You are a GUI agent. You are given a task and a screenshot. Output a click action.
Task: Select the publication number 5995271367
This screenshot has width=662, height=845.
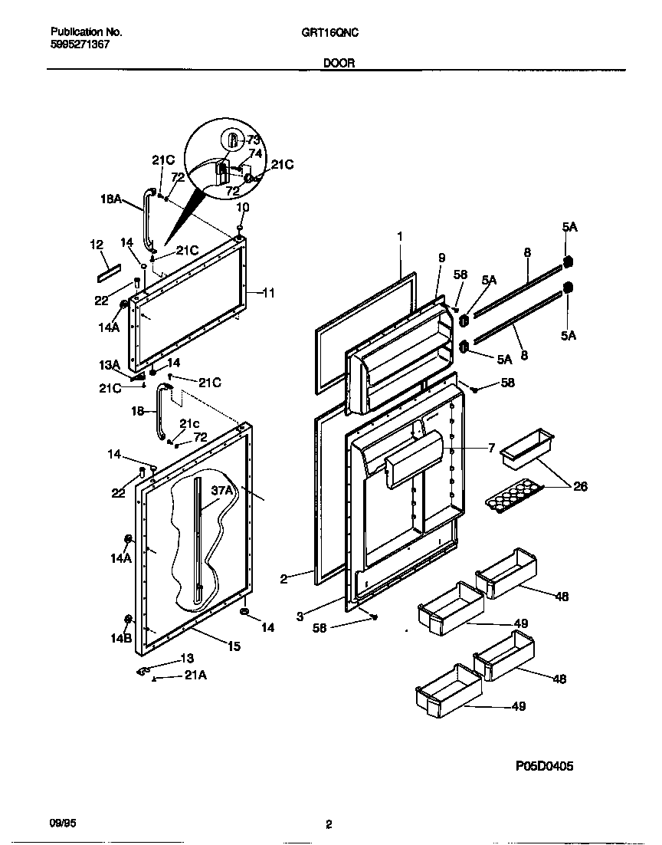click(x=80, y=44)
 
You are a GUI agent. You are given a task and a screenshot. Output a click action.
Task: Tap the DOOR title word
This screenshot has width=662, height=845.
click(x=338, y=64)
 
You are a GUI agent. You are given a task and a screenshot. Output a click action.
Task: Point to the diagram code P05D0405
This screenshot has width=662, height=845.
click(x=543, y=766)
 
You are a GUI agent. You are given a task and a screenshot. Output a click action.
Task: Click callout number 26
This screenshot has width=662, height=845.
click(x=580, y=486)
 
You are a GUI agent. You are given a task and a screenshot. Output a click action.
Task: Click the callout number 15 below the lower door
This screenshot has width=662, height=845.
click(x=234, y=646)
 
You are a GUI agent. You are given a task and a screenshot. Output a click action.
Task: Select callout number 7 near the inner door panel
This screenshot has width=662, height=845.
click(x=491, y=447)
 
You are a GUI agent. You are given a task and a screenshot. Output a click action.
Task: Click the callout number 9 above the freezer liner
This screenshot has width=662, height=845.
click(x=441, y=258)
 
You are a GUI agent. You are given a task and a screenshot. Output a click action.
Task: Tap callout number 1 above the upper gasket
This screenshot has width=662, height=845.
click(x=399, y=237)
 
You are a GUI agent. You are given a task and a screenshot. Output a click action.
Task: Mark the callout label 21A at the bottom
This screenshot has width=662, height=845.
click(x=195, y=675)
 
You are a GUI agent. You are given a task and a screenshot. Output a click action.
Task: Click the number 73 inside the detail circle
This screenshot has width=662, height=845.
click(x=254, y=140)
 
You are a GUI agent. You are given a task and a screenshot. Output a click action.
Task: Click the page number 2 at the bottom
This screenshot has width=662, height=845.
click(x=329, y=825)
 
